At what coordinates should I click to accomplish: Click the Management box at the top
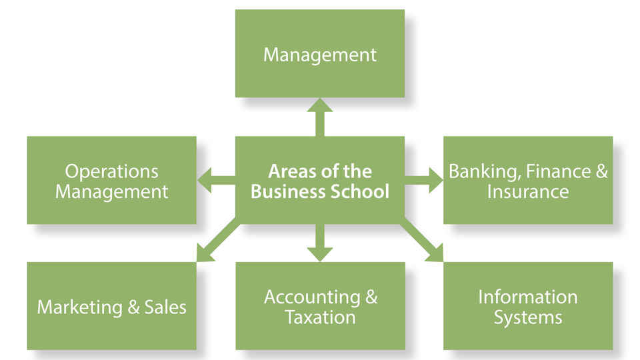point(320,53)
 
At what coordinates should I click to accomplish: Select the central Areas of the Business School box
point(320,180)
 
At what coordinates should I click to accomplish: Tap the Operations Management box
point(111,180)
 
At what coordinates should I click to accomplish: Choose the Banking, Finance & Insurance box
point(528,180)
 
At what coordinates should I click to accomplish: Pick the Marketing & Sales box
point(111,306)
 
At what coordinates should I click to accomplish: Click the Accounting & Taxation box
point(321,306)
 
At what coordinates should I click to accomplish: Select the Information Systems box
point(528,306)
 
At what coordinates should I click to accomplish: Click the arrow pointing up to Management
point(320,117)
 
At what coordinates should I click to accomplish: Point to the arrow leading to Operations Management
point(216,180)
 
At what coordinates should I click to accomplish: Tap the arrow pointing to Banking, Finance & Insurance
point(424,180)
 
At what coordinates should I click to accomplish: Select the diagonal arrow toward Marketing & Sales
point(217,241)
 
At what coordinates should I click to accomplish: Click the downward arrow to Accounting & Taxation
point(320,243)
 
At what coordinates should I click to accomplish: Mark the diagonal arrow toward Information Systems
point(422,241)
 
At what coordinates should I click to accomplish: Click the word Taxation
point(321,317)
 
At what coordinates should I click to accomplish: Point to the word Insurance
point(528,191)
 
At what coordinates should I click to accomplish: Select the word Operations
point(111,172)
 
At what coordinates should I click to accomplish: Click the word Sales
point(165,307)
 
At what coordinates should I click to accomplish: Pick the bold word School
point(359,191)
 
